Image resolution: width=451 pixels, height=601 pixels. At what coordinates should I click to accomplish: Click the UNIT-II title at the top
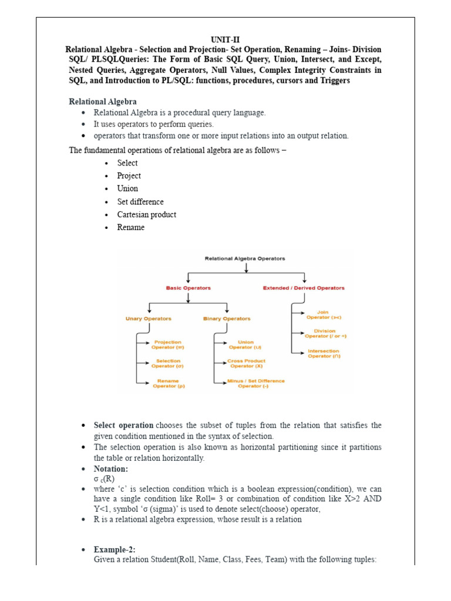tap(225, 39)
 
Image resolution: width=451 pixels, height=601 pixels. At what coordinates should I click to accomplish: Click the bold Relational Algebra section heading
tap(103, 102)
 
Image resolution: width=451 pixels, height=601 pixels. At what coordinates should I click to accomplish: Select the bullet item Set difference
tap(140, 202)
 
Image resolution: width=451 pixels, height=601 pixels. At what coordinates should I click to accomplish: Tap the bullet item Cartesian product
tap(146, 215)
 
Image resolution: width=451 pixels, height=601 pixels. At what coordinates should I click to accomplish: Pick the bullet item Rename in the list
tap(130, 228)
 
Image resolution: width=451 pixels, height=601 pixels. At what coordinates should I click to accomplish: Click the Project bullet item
tap(129, 176)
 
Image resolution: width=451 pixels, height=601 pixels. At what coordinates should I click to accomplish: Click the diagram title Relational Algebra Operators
tap(245, 258)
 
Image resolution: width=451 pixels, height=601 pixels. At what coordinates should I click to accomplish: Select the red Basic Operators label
tap(188, 288)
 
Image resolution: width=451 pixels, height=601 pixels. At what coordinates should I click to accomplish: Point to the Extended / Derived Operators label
tap(304, 288)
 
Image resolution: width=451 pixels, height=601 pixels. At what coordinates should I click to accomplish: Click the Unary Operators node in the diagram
tap(149, 319)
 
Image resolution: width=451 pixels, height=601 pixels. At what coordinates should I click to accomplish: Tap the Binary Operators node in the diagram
tap(227, 319)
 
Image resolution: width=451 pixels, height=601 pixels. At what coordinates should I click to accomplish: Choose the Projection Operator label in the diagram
tap(167, 345)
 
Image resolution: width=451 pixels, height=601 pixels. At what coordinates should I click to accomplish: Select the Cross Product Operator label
tap(246, 363)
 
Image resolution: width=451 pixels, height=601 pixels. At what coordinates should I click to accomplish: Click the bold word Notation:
tap(111, 470)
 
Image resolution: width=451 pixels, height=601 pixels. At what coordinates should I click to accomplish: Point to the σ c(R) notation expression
tap(105, 479)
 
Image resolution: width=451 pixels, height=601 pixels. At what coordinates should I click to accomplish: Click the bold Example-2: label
tap(115, 550)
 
